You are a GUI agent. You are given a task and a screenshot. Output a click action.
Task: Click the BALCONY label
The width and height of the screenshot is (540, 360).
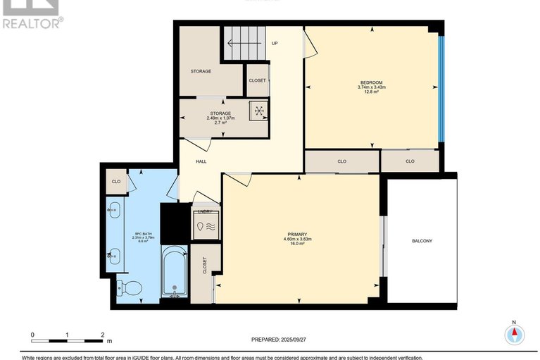422,242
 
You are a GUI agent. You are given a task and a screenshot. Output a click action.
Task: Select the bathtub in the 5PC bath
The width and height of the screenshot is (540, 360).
173,271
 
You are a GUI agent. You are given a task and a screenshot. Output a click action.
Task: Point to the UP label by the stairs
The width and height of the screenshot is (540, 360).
275,44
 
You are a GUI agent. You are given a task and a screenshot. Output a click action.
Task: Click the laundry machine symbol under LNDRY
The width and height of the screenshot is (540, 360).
206,226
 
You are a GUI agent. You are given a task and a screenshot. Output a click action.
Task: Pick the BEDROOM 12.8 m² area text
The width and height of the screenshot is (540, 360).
372,92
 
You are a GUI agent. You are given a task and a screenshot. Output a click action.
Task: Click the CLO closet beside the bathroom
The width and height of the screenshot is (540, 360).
115,182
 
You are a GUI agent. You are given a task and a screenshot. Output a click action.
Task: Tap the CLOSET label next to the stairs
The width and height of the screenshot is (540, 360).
257,80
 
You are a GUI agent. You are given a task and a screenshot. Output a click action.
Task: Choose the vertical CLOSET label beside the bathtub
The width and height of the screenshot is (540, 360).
205,266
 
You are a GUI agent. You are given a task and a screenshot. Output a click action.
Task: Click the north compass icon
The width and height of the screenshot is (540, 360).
515,334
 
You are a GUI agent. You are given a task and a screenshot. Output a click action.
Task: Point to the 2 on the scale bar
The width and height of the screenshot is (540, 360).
103,335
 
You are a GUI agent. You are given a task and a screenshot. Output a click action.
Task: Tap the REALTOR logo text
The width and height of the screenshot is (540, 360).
32,23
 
